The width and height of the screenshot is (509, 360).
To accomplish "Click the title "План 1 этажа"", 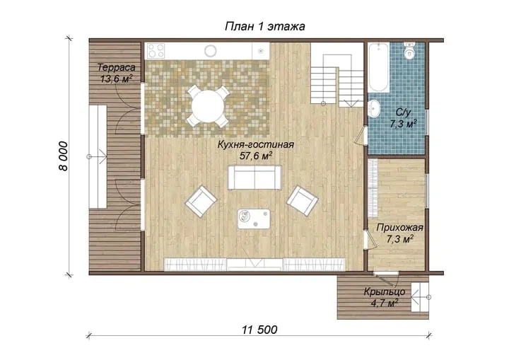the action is (x=265, y=26).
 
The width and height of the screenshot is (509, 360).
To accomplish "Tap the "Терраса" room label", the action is (x=117, y=68).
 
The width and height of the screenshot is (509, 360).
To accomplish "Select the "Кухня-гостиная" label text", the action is (x=256, y=144).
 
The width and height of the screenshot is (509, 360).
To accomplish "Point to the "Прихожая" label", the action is (x=399, y=228).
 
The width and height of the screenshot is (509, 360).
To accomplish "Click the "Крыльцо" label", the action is (x=385, y=292).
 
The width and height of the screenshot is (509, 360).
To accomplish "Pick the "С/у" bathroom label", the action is (x=403, y=112).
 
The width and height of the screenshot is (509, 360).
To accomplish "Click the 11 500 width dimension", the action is (x=259, y=330).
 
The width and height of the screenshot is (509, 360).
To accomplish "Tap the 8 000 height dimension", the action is (x=64, y=156).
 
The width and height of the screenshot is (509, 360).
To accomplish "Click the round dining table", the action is (x=208, y=107).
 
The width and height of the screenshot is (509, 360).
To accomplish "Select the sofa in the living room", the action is (x=255, y=177).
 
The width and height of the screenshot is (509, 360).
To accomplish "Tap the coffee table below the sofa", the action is (x=254, y=219).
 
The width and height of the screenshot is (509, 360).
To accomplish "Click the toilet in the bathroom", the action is (x=409, y=50).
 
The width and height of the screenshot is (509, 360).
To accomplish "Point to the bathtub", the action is (x=378, y=67).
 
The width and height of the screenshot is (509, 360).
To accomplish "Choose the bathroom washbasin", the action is (x=375, y=108).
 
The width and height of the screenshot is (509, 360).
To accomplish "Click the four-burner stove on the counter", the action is (x=156, y=51).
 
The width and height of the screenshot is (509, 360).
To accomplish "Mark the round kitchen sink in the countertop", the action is (x=211, y=51).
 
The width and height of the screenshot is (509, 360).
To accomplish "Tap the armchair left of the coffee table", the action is (x=201, y=201).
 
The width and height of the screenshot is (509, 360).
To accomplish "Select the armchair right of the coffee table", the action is (x=303, y=200).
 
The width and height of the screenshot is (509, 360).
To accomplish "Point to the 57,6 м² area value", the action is (x=256, y=156).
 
